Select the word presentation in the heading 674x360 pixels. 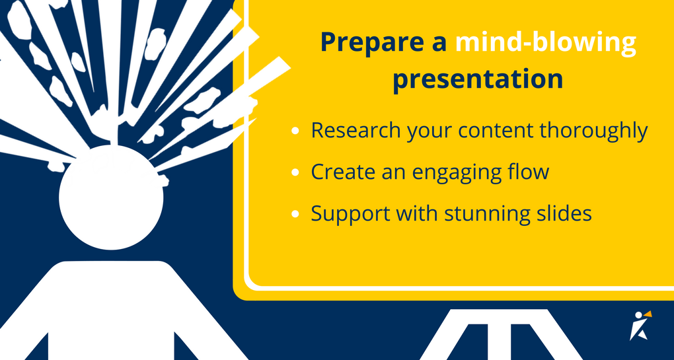click(478, 79)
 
